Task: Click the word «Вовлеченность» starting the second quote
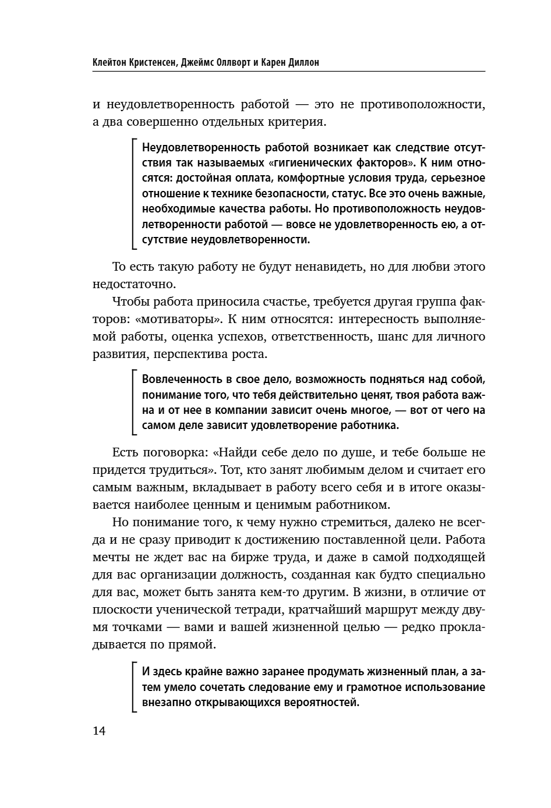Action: pos(179,380)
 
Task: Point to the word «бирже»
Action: pos(252,557)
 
